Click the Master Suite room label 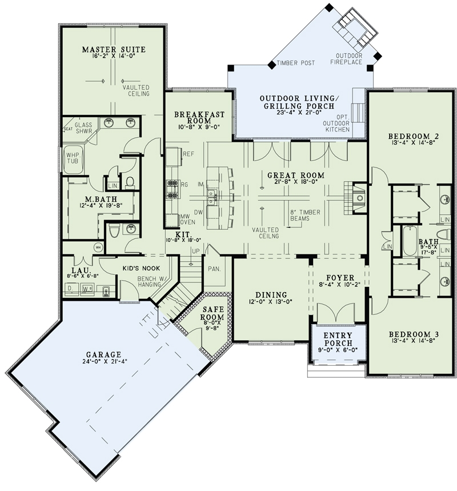point(113,50)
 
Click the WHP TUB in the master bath point(72,158)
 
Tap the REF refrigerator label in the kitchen point(189,154)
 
